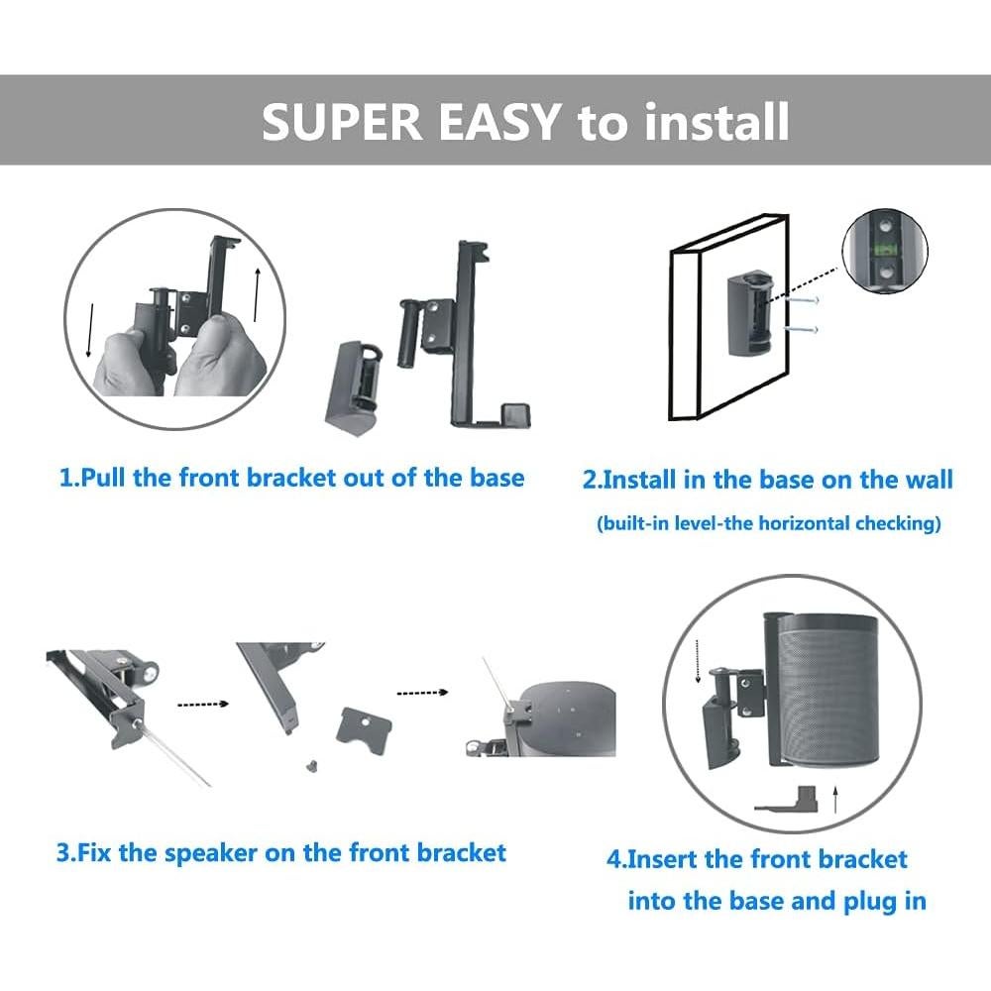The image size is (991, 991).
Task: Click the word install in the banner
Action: [717, 121]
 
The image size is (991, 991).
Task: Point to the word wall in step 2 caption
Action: [928, 480]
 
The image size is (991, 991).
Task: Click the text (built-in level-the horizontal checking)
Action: [768, 523]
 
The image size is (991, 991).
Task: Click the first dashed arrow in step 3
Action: [202, 705]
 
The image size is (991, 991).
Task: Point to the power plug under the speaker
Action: [787, 800]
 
